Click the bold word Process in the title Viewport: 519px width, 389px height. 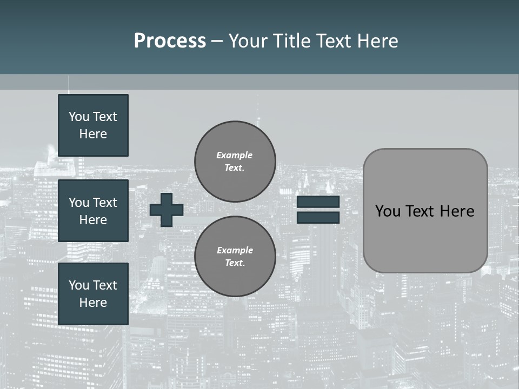click(x=170, y=41)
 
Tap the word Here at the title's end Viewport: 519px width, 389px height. click(x=376, y=41)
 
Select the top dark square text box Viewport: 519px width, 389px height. click(x=93, y=125)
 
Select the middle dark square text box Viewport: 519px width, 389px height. click(x=93, y=211)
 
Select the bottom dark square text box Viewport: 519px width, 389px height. click(x=93, y=293)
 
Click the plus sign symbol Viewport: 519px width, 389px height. click(x=167, y=210)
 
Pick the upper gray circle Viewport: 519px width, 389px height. click(x=235, y=162)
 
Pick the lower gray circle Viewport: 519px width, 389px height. click(x=235, y=257)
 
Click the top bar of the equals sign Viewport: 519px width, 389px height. click(x=318, y=202)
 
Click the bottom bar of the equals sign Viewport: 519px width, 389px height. click(x=318, y=217)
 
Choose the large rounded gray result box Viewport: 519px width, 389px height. click(x=425, y=211)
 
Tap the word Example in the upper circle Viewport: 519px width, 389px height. click(x=234, y=155)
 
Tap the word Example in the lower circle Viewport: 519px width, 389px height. click(x=235, y=250)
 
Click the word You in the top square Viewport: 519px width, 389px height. click(x=79, y=117)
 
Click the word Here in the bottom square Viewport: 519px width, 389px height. click(x=93, y=303)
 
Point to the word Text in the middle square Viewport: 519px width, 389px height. click(x=105, y=203)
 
